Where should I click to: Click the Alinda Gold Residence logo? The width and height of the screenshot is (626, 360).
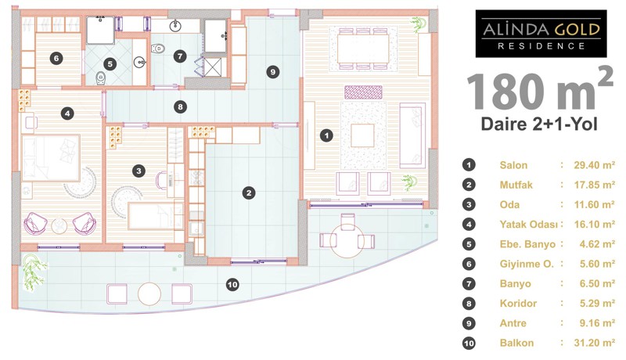pos(541,34)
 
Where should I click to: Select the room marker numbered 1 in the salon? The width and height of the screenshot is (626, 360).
pos(326,135)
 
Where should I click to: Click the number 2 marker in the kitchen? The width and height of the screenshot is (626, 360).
pos(249,193)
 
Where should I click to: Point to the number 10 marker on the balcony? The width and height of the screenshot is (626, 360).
pos(232,285)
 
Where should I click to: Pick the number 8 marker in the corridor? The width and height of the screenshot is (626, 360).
pos(181,107)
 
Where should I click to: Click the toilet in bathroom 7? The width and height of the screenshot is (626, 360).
pos(158,49)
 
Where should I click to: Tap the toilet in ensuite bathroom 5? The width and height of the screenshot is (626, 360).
pos(101,77)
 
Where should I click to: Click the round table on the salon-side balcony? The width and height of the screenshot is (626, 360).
pos(347,241)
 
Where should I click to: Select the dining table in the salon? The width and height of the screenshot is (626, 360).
pos(363,49)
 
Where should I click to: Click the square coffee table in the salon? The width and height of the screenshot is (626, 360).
pos(362,135)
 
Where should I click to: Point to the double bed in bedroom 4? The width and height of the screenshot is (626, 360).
pos(51,158)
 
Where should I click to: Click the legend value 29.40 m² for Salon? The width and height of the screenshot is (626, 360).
pos(595,165)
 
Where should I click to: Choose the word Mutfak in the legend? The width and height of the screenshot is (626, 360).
pos(516,185)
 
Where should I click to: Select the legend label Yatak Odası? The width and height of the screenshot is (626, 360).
pos(529,225)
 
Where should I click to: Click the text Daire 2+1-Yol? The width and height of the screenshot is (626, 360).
pos(539,124)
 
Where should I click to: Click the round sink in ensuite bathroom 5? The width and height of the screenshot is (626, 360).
pos(139,62)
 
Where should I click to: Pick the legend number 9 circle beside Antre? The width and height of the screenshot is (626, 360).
pos(469,323)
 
